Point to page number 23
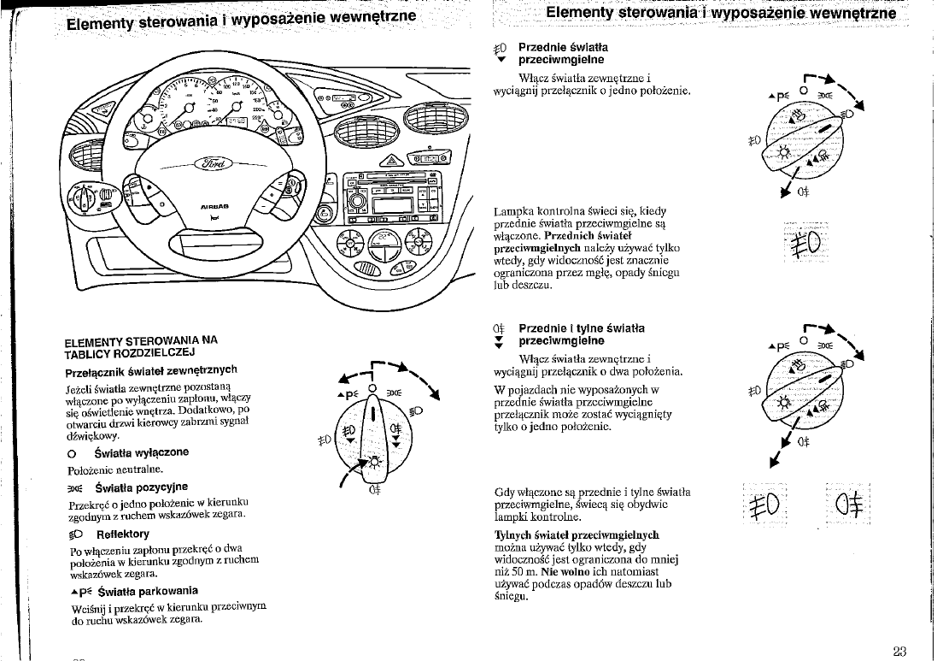[x=899, y=651]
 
